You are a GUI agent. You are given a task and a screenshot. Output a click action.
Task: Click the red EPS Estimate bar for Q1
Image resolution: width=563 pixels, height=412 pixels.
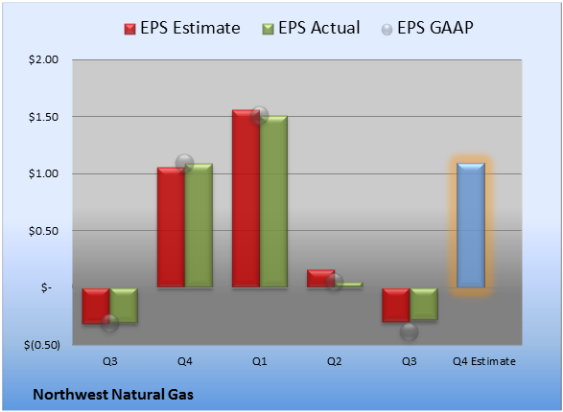(246, 198)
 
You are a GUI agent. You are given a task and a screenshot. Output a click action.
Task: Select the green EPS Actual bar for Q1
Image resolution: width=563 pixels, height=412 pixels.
(273, 201)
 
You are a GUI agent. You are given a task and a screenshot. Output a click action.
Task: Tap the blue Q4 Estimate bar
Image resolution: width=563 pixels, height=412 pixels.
(471, 225)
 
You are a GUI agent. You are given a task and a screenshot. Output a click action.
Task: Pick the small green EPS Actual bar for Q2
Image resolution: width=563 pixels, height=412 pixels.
(348, 285)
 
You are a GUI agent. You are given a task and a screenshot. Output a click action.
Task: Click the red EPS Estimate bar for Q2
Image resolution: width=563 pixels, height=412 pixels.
(320, 279)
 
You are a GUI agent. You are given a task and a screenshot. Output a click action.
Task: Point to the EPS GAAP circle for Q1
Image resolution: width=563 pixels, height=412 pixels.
(259, 116)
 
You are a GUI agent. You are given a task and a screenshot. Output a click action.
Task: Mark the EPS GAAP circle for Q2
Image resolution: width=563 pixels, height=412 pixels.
(334, 283)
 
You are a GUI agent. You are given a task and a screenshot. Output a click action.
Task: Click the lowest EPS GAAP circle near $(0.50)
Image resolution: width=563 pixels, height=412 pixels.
(409, 332)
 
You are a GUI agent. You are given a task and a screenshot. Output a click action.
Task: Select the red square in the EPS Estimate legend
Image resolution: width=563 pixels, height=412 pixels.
(129, 29)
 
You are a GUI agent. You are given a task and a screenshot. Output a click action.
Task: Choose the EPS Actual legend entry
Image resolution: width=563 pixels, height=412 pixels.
(311, 28)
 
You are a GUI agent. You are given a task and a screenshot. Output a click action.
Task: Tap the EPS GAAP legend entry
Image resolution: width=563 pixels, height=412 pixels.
(427, 28)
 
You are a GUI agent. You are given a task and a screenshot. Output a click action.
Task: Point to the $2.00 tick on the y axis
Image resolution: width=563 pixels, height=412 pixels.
(43, 59)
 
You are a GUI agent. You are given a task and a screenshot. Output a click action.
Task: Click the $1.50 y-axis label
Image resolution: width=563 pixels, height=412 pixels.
(43, 117)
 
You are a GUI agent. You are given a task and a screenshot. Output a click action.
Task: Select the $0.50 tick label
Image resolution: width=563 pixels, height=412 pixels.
(43, 231)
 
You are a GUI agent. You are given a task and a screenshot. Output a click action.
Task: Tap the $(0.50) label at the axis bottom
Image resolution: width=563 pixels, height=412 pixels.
(42, 345)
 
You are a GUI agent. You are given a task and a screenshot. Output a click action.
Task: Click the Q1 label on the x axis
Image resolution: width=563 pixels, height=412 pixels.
(260, 361)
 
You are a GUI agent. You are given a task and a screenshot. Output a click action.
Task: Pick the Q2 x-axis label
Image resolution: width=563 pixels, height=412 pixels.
(335, 361)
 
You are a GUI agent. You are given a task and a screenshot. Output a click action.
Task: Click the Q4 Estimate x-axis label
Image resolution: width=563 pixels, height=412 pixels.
(484, 361)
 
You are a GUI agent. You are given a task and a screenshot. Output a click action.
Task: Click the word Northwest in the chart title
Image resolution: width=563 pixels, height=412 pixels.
(70, 395)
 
